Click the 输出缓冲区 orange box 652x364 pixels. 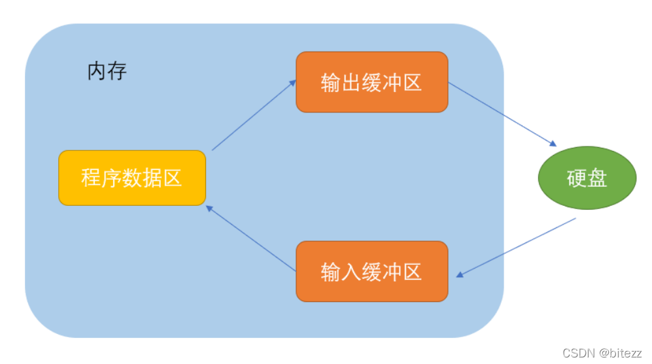click(x=371, y=82)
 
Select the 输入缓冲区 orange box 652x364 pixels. click(x=371, y=271)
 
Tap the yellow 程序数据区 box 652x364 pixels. click(x=132, y=178)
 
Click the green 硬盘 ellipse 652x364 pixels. click(x=587, y=178)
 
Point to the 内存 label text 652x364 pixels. click(x=107, y=71)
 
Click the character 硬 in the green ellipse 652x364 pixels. click(x=577, y=178)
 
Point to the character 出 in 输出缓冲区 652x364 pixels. click(x=351, y=82)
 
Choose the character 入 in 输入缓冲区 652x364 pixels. click(x=351, y=271)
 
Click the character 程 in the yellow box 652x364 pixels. click(x=91, y=178)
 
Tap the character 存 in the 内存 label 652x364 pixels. click(x=117, y=71)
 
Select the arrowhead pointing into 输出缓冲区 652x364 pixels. click(x=292, y=82)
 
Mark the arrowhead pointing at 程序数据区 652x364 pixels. click(x=209, y=208)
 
